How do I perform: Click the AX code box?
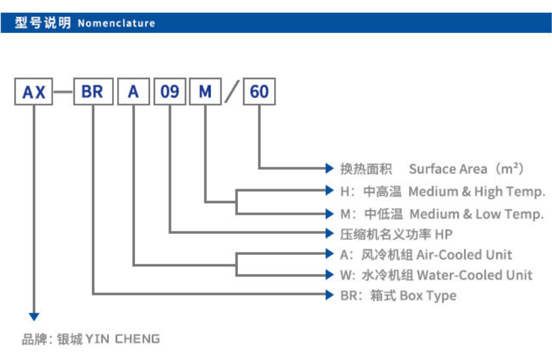(x=34, y=92)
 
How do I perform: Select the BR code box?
(x=92, y=92)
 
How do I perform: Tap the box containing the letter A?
(x=133, y=92)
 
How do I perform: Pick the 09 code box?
(x=169, y=92)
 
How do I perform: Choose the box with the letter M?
(x=205, y=92)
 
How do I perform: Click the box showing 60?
(x=259, y=92)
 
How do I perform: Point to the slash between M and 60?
(x=232, y=92)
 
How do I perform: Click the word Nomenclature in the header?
(x=116, y=23)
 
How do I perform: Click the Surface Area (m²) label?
(x=467, y=169)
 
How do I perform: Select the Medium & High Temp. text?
(x=476, y=191)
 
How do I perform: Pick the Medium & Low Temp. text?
(x=476, y=214)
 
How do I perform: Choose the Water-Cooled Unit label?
(x=474, y=275)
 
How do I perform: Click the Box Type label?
(x=428, y=295)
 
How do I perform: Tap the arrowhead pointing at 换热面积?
(x=329, y=168)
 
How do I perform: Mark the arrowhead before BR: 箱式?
(x=329, y=294)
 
